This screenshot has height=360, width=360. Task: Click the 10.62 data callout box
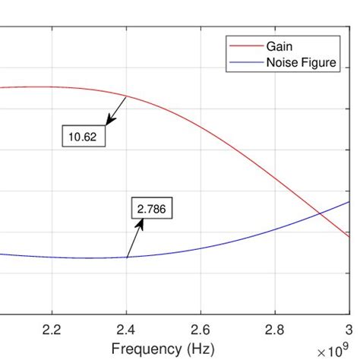pyautogui.click(x=84, y=137)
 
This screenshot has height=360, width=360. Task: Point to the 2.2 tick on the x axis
pyautogui.click(x=52, y=328)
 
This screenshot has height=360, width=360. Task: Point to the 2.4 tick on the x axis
pyautogui.click(x=126, y=328)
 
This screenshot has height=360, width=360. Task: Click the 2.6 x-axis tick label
pyautogui.click(x=201, y=328)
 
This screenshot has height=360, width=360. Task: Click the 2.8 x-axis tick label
pyautogui.click(x=275, y=328)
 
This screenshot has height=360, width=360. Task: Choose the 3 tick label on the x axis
pyautogui.click(x=349, y=328)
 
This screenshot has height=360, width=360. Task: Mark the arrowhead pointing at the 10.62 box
pyautogui.click(x=109, y=122)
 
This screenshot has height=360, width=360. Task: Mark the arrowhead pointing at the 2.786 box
pyautogui.click(x=140, y=223)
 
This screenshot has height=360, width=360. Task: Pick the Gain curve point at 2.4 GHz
pyautogui.click(x=126, y=96)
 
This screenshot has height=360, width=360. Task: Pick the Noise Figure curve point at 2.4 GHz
pyautogui.click(x=126, y=257)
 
